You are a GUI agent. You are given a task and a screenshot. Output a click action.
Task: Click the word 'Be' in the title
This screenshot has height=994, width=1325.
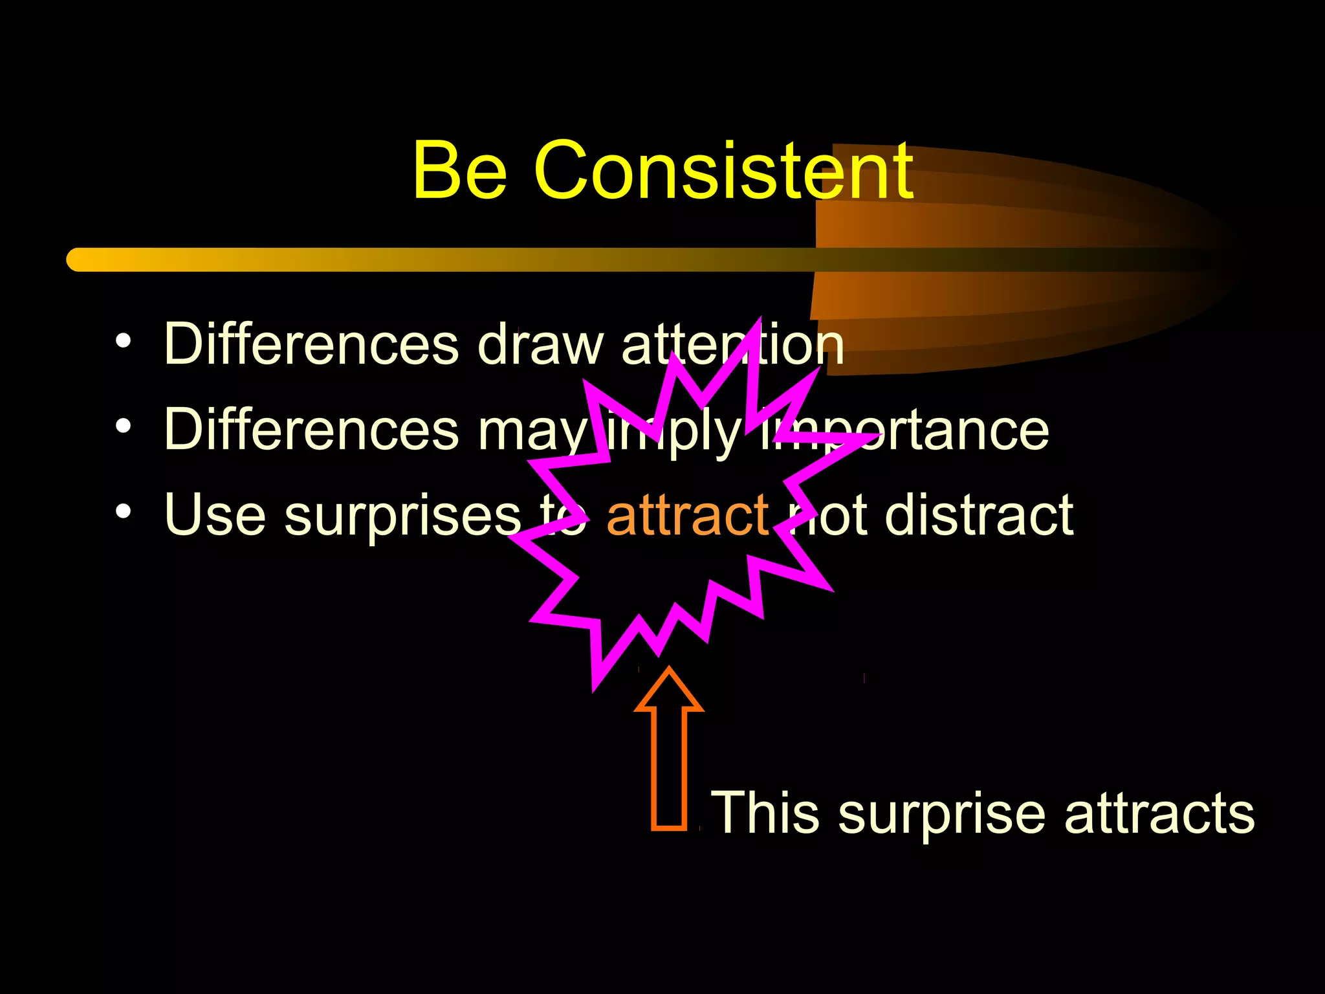[x=459, y=171]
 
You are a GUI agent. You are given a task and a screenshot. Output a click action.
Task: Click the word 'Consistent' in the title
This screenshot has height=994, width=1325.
[x=724, y=171]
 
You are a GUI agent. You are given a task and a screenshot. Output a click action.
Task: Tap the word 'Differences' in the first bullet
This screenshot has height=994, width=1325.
[x=311, y=344]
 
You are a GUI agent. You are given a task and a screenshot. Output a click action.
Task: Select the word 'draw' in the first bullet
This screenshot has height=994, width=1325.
[x=541, y=344]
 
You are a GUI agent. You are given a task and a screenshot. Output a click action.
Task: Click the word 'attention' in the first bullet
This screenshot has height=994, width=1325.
[x=732, y=345]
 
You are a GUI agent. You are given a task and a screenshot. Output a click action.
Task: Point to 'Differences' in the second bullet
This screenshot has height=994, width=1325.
[x=311, y=430]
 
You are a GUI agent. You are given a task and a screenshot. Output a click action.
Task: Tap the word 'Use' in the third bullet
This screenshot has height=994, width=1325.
[x=215, y=516]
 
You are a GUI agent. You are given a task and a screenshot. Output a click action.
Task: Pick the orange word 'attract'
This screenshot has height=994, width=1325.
[x=687, y=516]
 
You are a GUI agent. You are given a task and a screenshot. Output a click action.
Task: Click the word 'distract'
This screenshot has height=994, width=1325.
[x=979, y=516]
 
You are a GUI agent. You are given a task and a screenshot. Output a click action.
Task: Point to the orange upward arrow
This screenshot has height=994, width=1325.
[x=669, y=751]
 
